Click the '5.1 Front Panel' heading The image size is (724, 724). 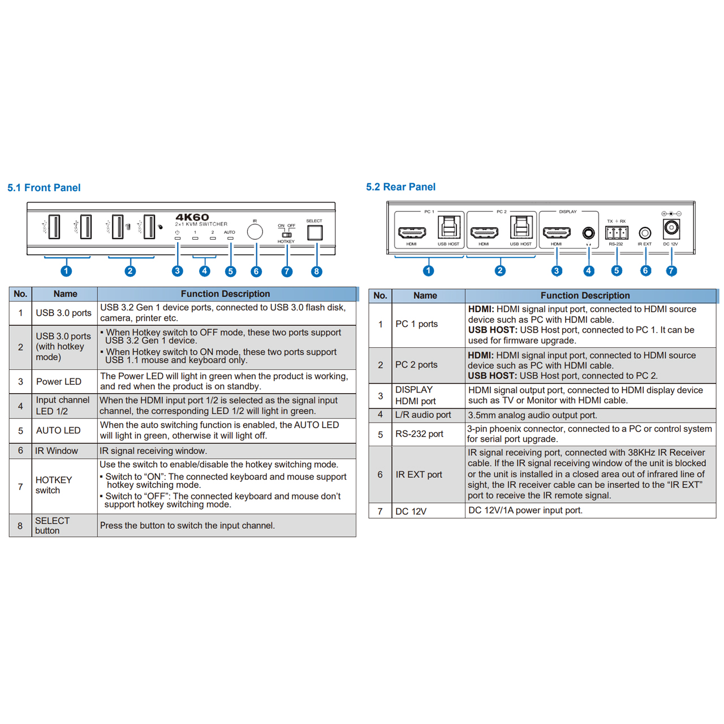point(44,188)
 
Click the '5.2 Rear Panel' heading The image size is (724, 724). point(400,187)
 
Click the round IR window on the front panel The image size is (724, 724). point(255,231)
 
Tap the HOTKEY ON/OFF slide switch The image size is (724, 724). point(287,234)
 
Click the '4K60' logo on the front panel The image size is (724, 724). point(192,217)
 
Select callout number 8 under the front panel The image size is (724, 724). point(316,271)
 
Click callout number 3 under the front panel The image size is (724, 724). point(177,271)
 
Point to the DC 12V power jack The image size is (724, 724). point(671,228)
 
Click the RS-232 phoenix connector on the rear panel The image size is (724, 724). point(616,232)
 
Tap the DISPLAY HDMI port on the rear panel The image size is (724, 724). point(557,232)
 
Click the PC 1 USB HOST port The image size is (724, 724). point(449,228)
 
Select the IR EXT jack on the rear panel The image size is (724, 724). point(645,232)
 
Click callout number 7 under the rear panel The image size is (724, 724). point(671,271)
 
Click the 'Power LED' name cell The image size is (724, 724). point(59,382)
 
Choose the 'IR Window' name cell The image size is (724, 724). point(57,451)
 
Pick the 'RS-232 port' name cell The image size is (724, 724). point(419,434)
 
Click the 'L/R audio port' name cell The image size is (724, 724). point(423,415)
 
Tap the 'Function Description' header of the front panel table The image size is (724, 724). point(225,294)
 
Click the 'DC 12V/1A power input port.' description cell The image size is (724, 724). point(525,510)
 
